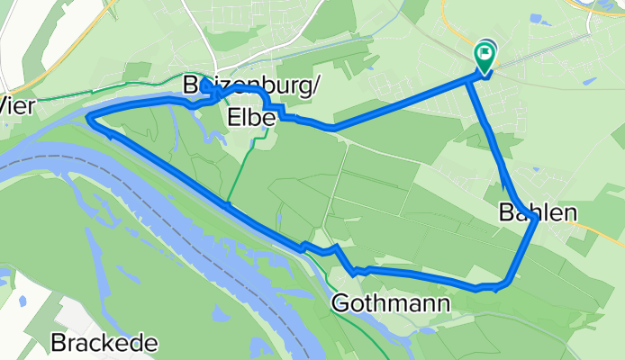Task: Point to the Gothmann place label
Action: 391,303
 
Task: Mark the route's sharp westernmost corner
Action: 88,117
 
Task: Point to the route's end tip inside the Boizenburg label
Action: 204,82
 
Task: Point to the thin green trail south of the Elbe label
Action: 236,180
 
